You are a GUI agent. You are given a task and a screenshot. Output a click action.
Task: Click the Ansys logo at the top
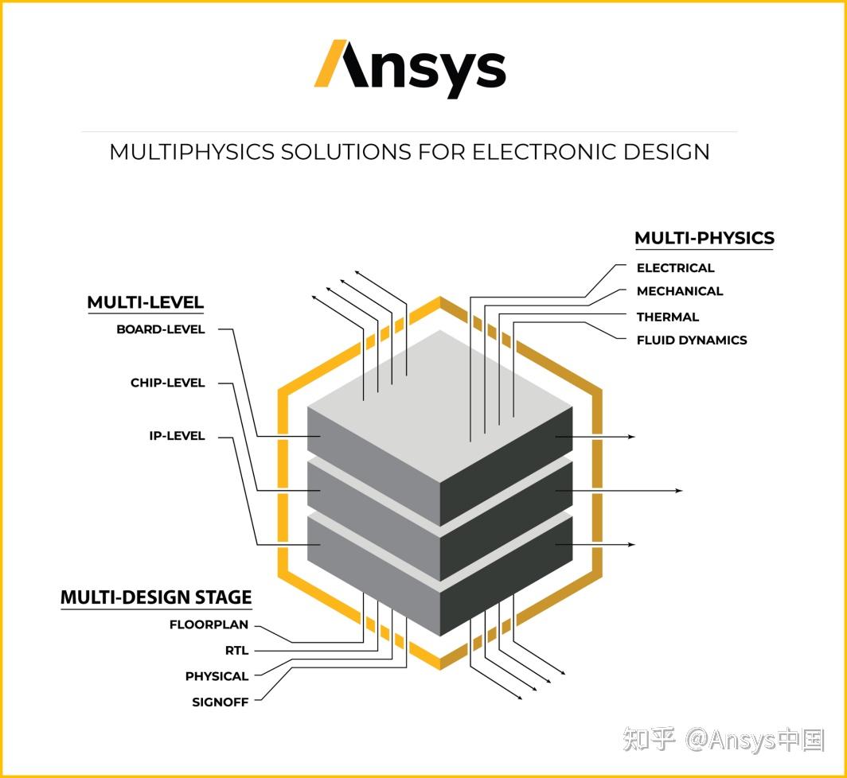point(410,68)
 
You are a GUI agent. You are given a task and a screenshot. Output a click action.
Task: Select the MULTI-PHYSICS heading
point(704,238)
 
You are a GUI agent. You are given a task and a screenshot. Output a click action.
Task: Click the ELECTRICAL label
point(675,268)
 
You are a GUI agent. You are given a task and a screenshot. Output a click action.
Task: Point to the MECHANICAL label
point(679,291)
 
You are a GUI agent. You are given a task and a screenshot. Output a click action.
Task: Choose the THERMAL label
point(667,317)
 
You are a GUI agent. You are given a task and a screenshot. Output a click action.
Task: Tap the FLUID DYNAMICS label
point(691,340)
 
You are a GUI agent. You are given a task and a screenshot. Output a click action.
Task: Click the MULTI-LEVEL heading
point(145,302)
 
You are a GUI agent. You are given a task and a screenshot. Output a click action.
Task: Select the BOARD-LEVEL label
point(160,329)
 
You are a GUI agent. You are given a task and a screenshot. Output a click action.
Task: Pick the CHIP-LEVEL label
point(167,383)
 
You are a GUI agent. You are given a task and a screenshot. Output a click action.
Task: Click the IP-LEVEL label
point(177,436)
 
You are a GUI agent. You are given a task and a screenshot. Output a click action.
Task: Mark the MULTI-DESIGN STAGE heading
point(156,597)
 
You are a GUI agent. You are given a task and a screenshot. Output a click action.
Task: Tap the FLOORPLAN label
point(209,625)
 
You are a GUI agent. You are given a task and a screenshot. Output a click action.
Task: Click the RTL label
point(236,651)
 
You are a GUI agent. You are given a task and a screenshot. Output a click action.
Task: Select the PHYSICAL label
point(217,676)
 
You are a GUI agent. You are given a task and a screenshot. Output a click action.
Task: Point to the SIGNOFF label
point(220,702)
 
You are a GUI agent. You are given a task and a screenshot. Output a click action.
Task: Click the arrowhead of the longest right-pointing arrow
point(679,491)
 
